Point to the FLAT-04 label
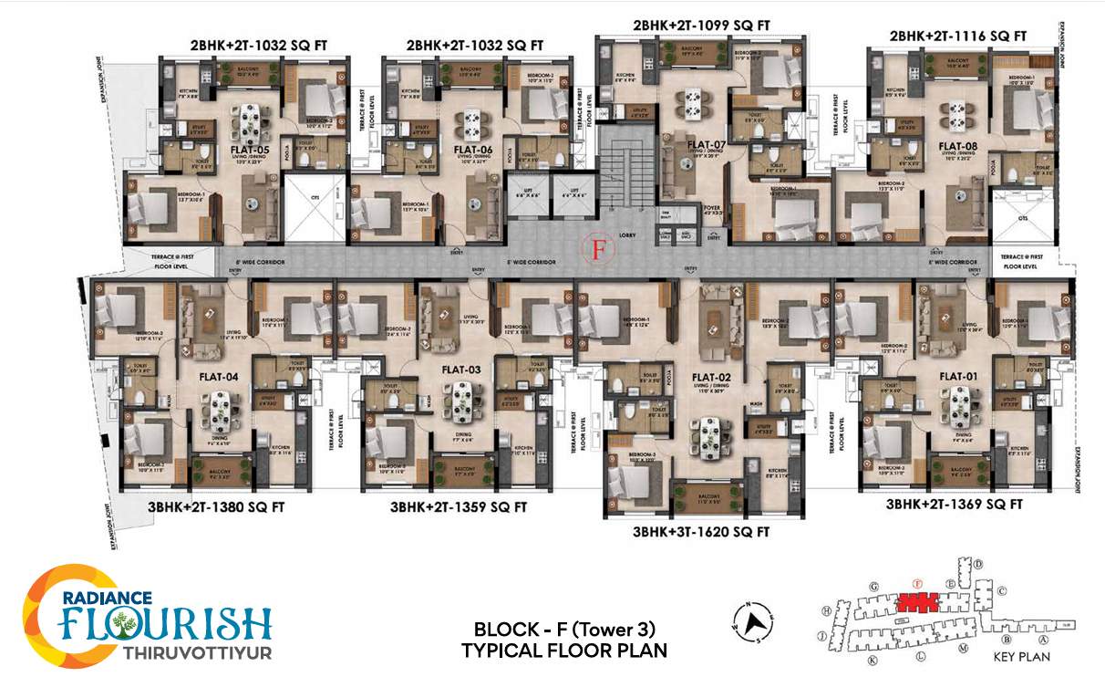coord(219,375)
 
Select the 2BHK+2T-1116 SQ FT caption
coord(958,36)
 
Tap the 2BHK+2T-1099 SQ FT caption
coord(701,26)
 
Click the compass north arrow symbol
coord(753,624)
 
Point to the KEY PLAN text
coord(1021,656)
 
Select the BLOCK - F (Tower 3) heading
coord(564,630)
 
